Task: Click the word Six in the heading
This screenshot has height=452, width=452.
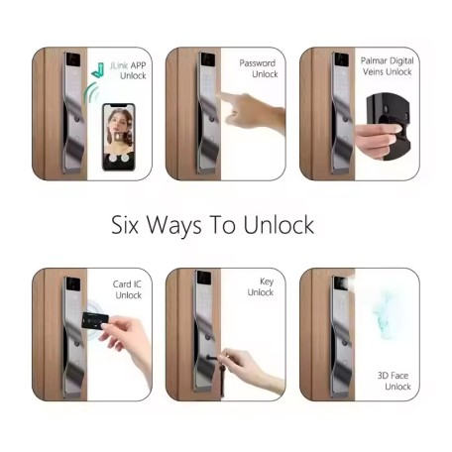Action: pyautogui.click(x=125, y=225)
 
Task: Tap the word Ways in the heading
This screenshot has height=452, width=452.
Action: pyautogui.click(x=173, y=226)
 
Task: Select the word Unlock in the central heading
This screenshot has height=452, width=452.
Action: pyautogui.click(x=279, y=225)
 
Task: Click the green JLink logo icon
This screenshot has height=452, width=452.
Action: pyautogui.click(x=98, y=70)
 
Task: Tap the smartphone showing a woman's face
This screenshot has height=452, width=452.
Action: pyautogui.click(x=119, y=137)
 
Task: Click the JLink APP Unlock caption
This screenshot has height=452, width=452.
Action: pyautogui.click(x=129, y=70)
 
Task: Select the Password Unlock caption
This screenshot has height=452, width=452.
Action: pyautogui.click(x=259, y=68)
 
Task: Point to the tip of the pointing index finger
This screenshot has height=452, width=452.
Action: pyautogui.click(x=222, y=94)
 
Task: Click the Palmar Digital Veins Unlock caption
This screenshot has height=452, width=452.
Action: pyautogui.click(x=387, y=66)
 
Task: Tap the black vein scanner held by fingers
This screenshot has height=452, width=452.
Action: pyautogui.click(x=389, y=126)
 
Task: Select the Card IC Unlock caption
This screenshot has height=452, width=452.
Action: pyautogui.click(x=128, y=289)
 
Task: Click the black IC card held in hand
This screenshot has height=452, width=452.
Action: pyautogui.click(x=95, y=320)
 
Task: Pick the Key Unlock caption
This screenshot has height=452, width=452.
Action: pyautogui.click(x=261, y=286)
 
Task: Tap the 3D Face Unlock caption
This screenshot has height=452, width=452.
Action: pyautogui.click(x=395, y=381)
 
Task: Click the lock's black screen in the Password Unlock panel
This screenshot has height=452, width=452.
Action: pyautogui.click(x=208, y=59)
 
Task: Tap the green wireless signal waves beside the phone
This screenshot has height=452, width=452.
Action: pyautogui.click(x=91, y=92)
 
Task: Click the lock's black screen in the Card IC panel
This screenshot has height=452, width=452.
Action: pyautogui.click(x=73, y=283)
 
